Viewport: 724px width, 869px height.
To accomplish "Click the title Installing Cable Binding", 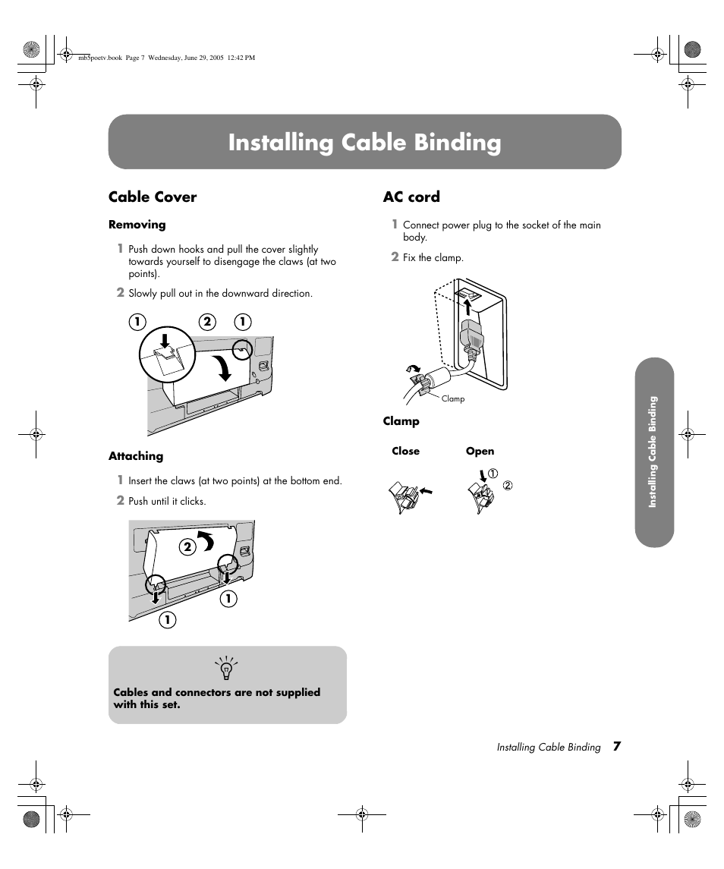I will pyautogui.click(x=364, y=143).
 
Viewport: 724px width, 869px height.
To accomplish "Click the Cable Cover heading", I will pyautogui.click(x=153, y=197).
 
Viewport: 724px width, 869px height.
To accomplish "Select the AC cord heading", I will pyautogui.click(x=411, y=197).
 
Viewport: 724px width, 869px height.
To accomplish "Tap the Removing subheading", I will pyautogui.click(x=137, y=225).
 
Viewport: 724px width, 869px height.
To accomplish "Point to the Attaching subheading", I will pyautogui.click(x=136, y=456).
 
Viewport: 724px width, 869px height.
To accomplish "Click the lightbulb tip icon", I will pyautogui.click(x=226, y=669).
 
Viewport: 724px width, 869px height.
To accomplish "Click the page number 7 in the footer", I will pyautogui.click(x=617, y=747).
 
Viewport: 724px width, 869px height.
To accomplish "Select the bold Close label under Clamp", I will pyautogui.click(x=405, y=451).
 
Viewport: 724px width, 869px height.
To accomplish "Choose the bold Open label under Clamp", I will pyautogui.click(x=480, y=451).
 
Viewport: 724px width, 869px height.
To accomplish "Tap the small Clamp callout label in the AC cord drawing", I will pyautogui.click(x=452, y=399).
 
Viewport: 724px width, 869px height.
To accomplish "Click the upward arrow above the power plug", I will pyautogui.click(x=467, y=306).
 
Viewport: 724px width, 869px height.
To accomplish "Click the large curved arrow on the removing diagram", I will pyautogui.click(x=224, y=368).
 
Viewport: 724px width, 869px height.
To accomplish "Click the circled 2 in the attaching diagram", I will pyautogui.click(x=186, y=546).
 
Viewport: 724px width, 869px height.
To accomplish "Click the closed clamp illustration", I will pyautogui.click(x=407, y=496).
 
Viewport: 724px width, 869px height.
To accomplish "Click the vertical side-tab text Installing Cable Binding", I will pyautogui.click(x=653, y=452).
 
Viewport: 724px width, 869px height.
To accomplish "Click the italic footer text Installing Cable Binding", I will pyautogui.click(x=549, y=748).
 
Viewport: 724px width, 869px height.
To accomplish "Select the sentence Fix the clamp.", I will pyautogui.click(x=433, y=258).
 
